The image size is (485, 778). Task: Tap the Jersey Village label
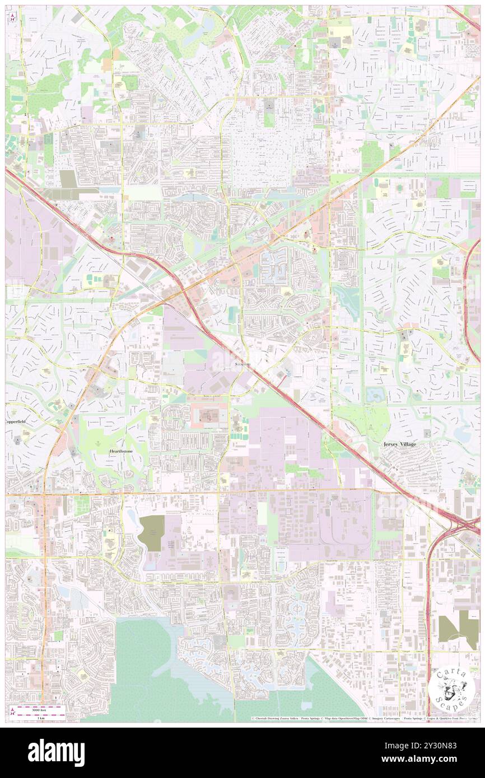[400, 444]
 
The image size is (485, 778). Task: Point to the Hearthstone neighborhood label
[121, 450]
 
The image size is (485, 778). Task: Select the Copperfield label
[16, 421]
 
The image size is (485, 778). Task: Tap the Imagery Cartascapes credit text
[385, 718]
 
